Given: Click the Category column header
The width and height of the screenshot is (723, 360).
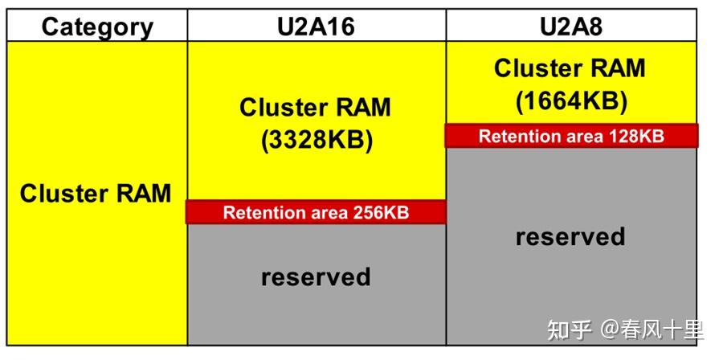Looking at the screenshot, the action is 97,27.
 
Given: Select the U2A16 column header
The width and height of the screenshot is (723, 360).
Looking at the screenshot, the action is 317,27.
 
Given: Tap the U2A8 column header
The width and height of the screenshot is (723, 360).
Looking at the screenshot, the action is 571,27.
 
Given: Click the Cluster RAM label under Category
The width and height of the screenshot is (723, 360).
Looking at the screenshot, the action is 96,193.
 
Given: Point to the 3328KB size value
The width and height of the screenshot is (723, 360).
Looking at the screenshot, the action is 317,141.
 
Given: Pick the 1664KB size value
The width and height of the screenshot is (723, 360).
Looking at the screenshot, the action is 571,101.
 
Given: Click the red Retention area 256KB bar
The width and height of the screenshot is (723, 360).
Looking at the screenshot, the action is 316,212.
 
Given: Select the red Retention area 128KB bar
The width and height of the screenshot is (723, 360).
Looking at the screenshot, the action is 571,136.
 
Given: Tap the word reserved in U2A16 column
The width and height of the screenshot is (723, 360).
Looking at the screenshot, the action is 316,276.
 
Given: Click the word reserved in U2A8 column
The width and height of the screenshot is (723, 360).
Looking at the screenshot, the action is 570,236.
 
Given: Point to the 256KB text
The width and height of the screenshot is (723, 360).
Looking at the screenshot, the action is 381,212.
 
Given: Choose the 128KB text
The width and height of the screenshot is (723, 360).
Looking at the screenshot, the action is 637,137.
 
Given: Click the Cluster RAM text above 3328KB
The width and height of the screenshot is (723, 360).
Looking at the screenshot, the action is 316,107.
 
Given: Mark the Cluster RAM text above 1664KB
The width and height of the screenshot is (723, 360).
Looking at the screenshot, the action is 570,67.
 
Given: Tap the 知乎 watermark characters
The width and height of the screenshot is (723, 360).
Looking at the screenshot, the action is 569,330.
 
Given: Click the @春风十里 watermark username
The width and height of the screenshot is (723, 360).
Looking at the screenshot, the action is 652,330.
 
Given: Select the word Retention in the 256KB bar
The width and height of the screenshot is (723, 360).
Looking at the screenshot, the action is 261,212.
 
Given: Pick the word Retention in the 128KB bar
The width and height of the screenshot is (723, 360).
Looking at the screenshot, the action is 517,137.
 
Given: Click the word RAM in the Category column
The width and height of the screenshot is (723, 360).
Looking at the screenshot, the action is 144,193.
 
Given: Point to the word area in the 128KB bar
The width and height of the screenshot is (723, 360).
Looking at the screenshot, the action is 582,137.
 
